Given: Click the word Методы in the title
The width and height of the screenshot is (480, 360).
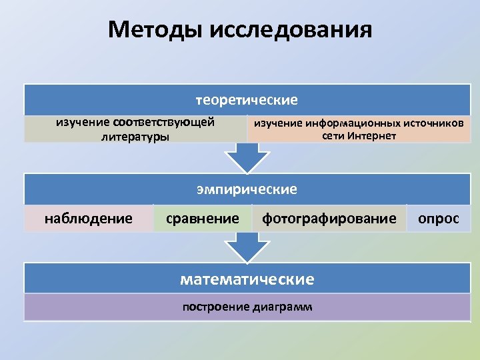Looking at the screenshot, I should (155, 30).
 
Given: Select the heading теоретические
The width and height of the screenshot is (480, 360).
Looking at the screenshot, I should (247, 100).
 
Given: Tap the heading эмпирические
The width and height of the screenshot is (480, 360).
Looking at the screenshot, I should (247, 189).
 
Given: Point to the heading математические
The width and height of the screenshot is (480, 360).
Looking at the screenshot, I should (247, 279).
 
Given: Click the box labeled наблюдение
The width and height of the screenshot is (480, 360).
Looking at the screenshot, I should (89, 218).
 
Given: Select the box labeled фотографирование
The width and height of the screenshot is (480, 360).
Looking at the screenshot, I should (329, 218).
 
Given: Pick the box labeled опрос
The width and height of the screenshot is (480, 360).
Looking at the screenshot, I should (438, 218).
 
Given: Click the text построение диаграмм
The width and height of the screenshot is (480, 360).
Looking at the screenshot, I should (247, 307).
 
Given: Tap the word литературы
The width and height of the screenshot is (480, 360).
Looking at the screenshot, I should (135, 137).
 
